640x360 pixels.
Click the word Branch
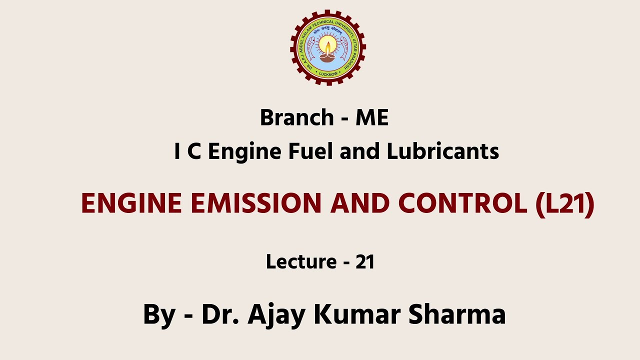[x=297, y=118]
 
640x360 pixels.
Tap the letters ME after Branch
[x=372, y=118]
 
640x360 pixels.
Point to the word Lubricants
[x=443, y=151]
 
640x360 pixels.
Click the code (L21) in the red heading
[x=564, y=204]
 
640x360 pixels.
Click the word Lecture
[x=301, y=261]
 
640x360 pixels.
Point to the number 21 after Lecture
[x=365, y=261]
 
